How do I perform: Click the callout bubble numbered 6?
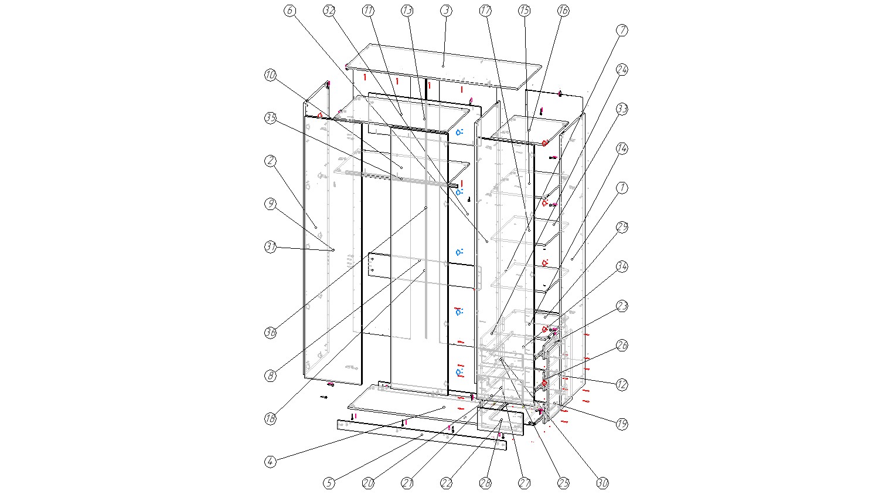pyautogui.click(x=290, y=11)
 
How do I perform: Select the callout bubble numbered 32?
pyautogui.click(x=329, y=11)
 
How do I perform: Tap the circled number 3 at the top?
pyautogui.click(x=446, y=11)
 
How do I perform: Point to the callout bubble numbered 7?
pyautogui.click(x=622, y=31)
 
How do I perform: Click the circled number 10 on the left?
pyautogui.click(x=270, y=75)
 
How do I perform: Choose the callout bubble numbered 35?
pyautogui.click(x=270, y=118)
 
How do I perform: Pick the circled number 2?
pyautogui.click(x=270, y=161)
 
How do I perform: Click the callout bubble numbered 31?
pyautogui.click(x=270, y=247)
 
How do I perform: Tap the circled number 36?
pyautogui.click(x=270, y=333)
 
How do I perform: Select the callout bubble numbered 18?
pyautogui.click(x=270, y=419)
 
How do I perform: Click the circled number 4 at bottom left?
pyautogui.click(x=270, y=462)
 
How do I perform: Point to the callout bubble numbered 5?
pyautogui.click(x=329, y=483)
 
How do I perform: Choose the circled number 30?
pyautogui.click(x=602, y=483)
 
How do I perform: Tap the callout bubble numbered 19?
pyautogui.click(x=622, y=424)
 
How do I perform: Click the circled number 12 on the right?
pyautogui.click(x=622, y=385)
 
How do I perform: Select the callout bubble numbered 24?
pyautogui.click(x=622, y=70)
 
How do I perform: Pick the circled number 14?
pyautogui.click(x=622, y=148)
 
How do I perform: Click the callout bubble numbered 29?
pyautogui.click(x=622, y=227)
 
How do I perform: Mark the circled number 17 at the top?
pyautogui.click(x=485, y=11)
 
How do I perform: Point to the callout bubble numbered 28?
pyautogui.click(x=485, y=483)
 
